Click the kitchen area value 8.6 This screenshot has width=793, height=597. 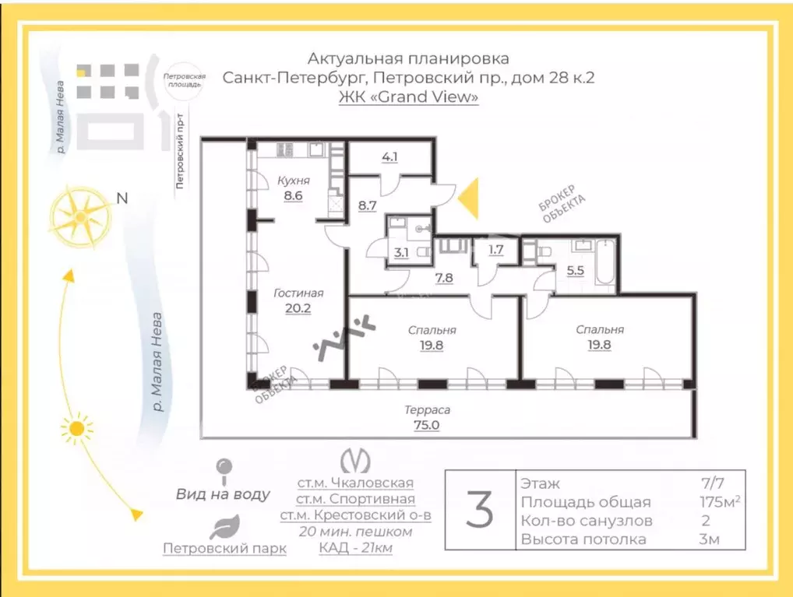(x=294, y=195)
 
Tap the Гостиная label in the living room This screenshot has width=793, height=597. (x=298, y=293)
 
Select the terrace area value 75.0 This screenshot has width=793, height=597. (x=426, y=425)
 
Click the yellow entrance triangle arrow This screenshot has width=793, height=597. (x=468, y=198)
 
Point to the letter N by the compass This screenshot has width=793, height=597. (x=122, y=198)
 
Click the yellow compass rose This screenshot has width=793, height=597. (x=81, y=217)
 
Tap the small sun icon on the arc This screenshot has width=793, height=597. (x=76, y=429)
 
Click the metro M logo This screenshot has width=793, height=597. (x=355, y=461)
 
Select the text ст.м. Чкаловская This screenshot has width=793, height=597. (x=355, y=483)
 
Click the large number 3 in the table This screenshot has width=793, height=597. (x=479, y=510)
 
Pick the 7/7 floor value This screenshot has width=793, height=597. (x=712, y=484)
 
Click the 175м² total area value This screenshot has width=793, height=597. (x=721, y=501)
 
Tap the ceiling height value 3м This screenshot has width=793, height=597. (x=709, y=539)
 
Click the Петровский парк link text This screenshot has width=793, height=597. (x=224, y=549)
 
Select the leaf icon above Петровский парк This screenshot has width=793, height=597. (x=224, y=527)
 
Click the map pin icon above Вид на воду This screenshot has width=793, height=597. (x=224, y=471)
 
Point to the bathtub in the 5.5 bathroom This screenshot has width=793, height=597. (x=604, y=264)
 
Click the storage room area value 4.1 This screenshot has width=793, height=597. (x=389, y=156)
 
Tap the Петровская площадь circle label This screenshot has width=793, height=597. (x=184, y=80)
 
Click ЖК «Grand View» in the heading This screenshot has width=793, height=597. (x=409, y=97)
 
